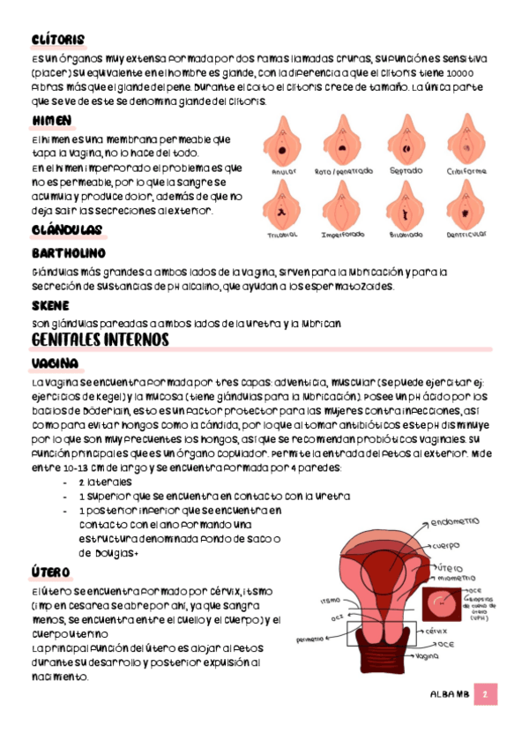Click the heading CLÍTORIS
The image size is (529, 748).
pos(57,40)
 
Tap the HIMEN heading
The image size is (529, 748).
pos(51,120)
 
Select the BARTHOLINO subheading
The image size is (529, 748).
pos(68,254)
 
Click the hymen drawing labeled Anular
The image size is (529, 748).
pos(283,140)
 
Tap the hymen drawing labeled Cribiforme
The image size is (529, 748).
pos(466,139)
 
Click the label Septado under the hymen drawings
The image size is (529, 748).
pos(406,170)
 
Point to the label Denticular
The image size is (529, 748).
pos(466,236)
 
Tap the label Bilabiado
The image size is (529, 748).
pos(405,236)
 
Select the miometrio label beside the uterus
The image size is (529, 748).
pos(457,578)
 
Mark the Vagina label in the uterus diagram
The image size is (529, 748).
pos(428,657)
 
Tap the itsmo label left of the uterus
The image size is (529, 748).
pos(331,601)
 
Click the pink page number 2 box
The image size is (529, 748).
pos(486,694)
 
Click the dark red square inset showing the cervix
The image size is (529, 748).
pos(440,606)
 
